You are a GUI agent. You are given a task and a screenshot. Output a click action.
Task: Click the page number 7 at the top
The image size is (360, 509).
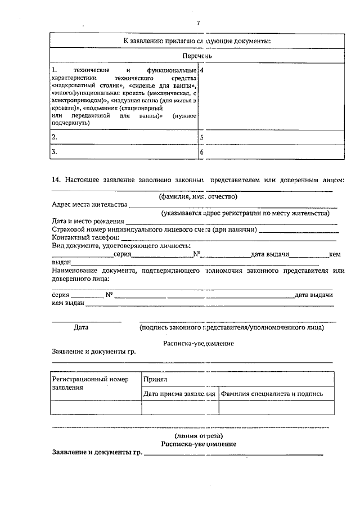(198, 23)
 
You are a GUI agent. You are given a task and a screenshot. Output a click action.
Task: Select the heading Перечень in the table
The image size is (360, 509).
(197, 56)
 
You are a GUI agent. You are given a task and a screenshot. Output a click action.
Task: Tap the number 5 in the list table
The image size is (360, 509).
(202, 137)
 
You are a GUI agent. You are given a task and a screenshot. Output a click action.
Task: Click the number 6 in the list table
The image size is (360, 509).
(202, 152)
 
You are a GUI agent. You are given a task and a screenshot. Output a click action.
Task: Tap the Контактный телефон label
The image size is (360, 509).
(85, 238)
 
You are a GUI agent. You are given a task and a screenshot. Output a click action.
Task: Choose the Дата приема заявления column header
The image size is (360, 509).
(179, 394)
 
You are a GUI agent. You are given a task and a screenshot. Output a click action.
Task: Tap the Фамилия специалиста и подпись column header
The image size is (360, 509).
(272, 394)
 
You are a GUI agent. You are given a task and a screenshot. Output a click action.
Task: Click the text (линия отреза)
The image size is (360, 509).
(199, 436)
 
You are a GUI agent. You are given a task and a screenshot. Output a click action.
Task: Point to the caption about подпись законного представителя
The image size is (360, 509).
(231, 327)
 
